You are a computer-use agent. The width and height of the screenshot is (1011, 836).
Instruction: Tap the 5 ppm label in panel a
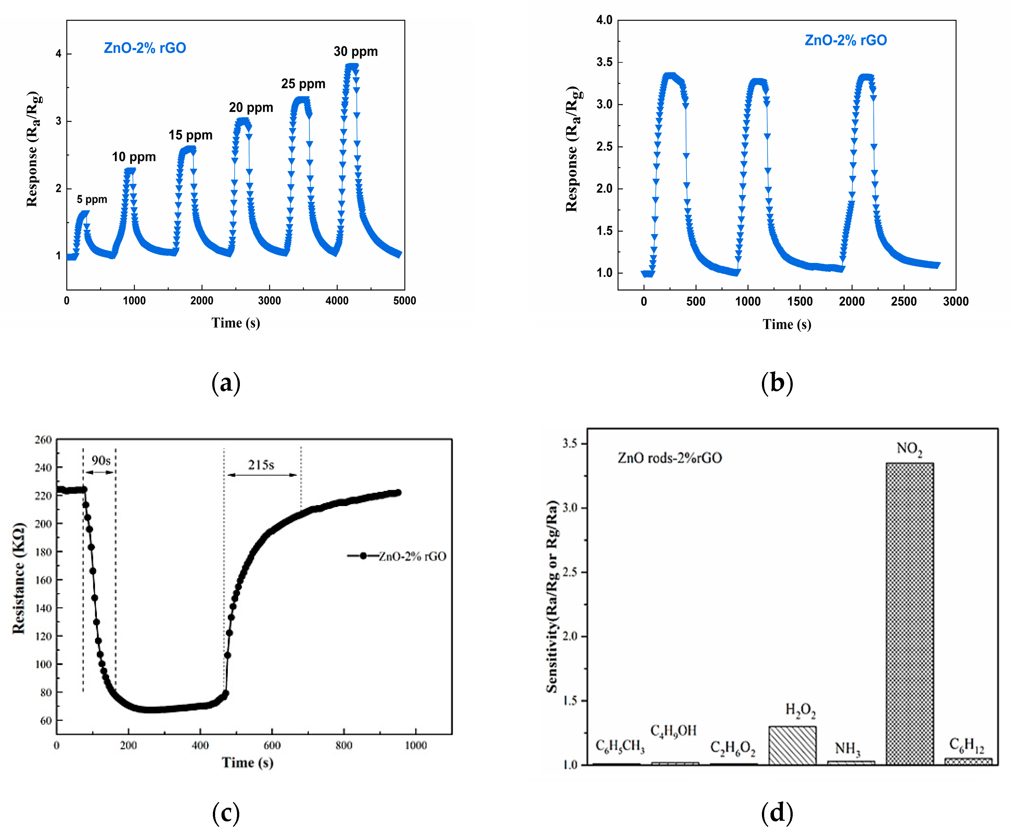(92, 199)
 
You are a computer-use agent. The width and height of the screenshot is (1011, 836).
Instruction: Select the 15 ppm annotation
(190, 135)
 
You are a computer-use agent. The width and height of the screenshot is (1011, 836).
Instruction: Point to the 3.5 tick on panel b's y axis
(604, 62)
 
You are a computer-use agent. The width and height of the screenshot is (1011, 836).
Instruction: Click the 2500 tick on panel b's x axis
(903, 301)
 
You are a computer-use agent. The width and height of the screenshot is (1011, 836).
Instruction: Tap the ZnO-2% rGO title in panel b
(845, 40)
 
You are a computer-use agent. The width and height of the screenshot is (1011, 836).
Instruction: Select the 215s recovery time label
(261, 465)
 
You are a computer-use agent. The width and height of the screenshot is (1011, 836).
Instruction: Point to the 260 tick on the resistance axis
(43, 440)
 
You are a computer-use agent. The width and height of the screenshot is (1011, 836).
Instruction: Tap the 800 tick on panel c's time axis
(343, 745)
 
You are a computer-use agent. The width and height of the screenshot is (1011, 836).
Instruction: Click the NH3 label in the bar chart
(847, 749)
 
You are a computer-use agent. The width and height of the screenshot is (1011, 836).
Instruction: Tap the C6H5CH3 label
(620, 746)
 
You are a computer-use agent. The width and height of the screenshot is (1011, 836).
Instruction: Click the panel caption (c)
(226, 813)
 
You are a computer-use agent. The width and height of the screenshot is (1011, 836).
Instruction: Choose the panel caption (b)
(777, 383)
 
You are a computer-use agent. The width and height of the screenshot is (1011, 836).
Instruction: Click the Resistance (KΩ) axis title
(19, 578)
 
